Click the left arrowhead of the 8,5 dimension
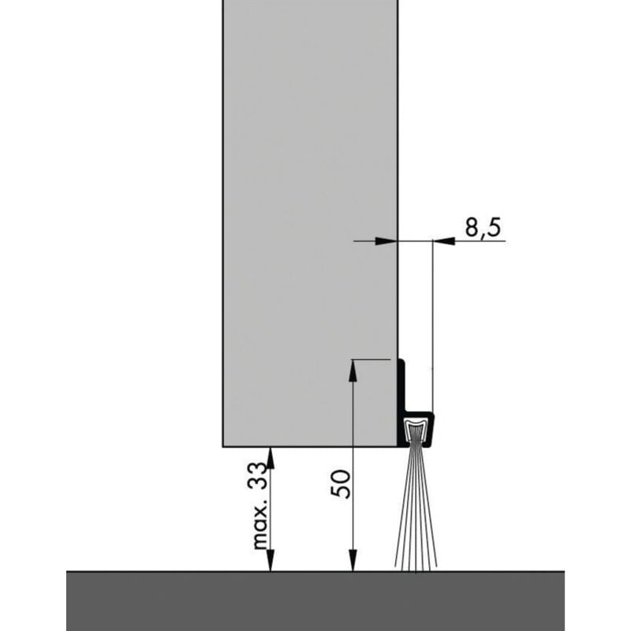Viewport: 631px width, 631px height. pos(386,241)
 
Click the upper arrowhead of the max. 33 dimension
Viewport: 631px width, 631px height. pos(271,456)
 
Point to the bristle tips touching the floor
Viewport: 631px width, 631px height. pos(415,566)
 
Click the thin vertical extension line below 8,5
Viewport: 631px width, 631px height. pos(432,315)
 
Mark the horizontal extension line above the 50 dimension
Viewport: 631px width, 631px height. pos(371,360)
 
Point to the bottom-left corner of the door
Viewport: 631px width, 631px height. pos(224,446)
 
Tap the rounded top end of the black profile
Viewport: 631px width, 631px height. pos(401,361)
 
